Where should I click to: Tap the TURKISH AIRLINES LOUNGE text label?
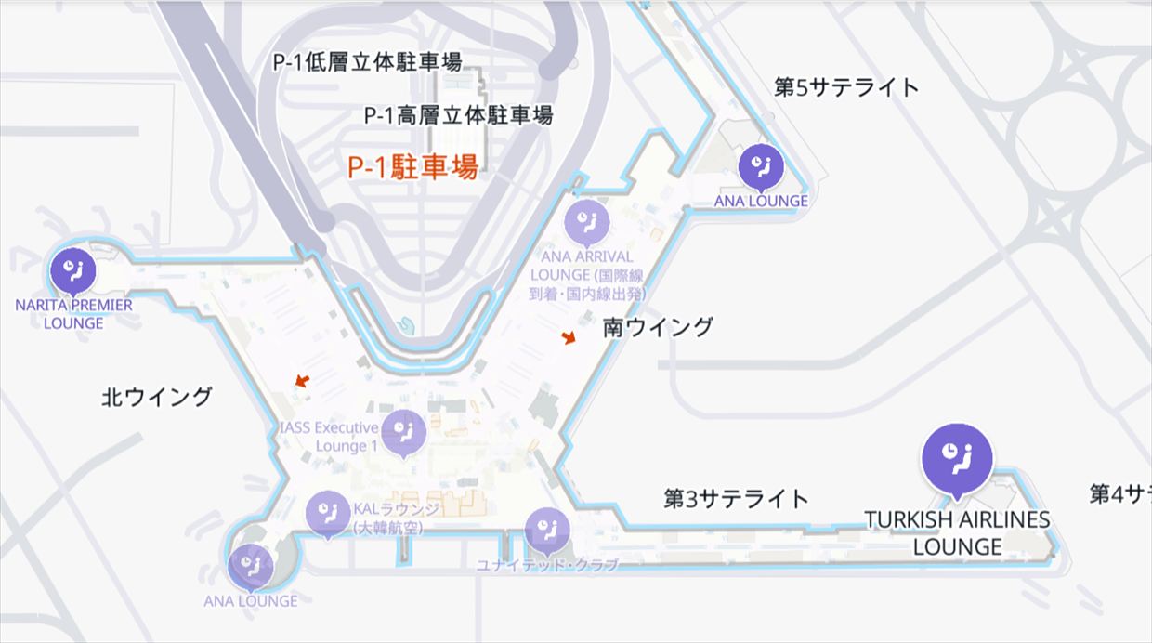957,532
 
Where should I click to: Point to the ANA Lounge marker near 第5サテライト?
761,166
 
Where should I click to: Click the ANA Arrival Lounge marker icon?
587,221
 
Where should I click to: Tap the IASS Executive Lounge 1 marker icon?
404,431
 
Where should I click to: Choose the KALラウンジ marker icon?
328,513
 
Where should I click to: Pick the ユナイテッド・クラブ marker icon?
547,530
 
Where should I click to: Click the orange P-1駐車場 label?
413,167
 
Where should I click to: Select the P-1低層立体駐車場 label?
367,62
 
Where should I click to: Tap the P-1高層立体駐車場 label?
458,115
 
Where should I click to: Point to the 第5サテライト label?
846,87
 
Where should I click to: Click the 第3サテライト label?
736,498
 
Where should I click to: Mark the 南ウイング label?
658,326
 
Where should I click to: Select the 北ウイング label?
156,397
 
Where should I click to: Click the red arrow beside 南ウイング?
569,338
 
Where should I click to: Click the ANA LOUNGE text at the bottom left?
251,600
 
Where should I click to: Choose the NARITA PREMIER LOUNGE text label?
74,314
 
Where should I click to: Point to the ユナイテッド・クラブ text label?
546,565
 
